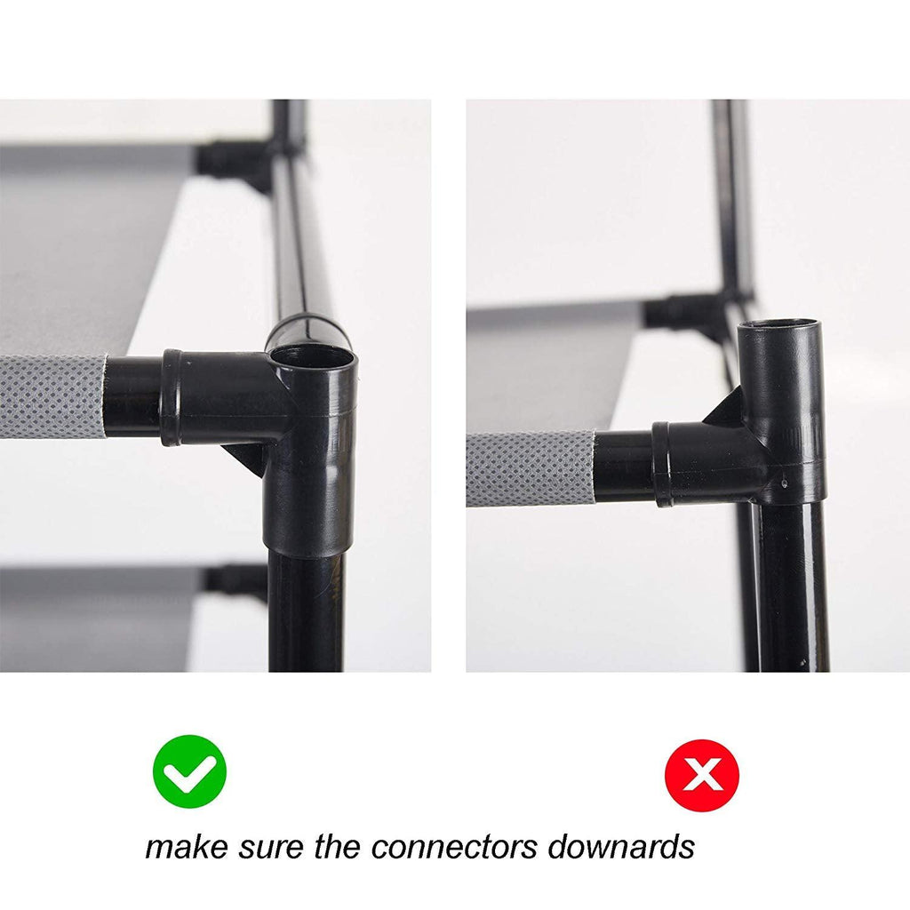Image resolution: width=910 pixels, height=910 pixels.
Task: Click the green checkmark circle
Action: (x=190, y=771)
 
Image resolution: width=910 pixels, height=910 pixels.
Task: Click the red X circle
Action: (x=702, y=775)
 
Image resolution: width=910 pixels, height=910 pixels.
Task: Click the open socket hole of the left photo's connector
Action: (x=312, y=356)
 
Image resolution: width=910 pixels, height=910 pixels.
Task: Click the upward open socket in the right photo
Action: (x=779, y=330)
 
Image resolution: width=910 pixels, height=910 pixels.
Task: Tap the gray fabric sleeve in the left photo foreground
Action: (x=52, y=396)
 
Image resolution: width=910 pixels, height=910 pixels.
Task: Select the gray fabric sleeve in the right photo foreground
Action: (x=531, y=469)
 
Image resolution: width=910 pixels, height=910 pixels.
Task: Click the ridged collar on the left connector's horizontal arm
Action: (x=172, y=397)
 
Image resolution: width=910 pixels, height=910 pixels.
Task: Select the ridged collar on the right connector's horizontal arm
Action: (x=662, y=464)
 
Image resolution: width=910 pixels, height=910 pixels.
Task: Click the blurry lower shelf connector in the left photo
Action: (x=235, y=582)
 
